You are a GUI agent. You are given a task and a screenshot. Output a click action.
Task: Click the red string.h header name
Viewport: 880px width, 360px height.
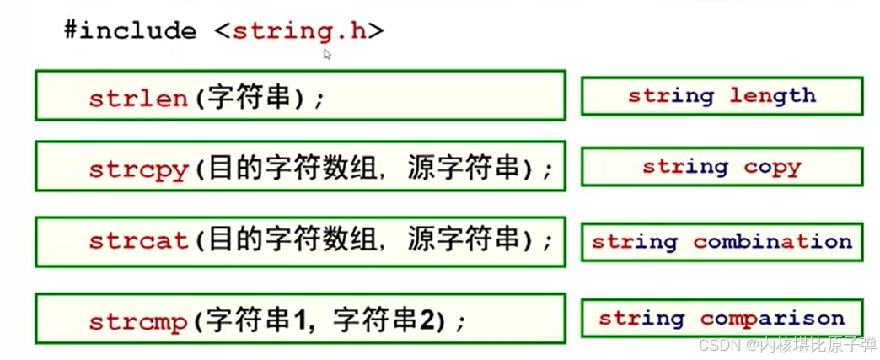click(x=299, y=32)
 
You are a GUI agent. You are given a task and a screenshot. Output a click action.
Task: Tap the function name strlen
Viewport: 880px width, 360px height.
click(x=138, y=99)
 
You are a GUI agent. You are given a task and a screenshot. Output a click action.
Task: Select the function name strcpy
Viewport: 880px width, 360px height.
click(x=138, y=169)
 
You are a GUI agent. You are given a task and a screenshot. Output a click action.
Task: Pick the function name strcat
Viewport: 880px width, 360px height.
click(x=138, y=241)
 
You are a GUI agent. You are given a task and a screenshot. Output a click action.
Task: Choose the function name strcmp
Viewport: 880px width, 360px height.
click(x=138, y=322)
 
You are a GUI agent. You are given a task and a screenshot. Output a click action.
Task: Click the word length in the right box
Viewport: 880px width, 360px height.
click(x=772, y=96)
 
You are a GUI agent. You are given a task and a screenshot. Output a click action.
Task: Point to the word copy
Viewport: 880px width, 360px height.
click(x=772, y=167)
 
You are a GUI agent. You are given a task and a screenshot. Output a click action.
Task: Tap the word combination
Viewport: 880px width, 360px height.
click(x=772, y=242)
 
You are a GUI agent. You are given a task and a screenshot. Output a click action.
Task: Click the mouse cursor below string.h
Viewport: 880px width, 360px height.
click(x=327, y=54)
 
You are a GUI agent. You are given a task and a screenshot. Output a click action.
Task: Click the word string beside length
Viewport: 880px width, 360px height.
click(x=671, y=96)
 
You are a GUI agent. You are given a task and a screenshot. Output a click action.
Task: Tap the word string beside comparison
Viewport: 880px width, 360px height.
click(x=641, y=319)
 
